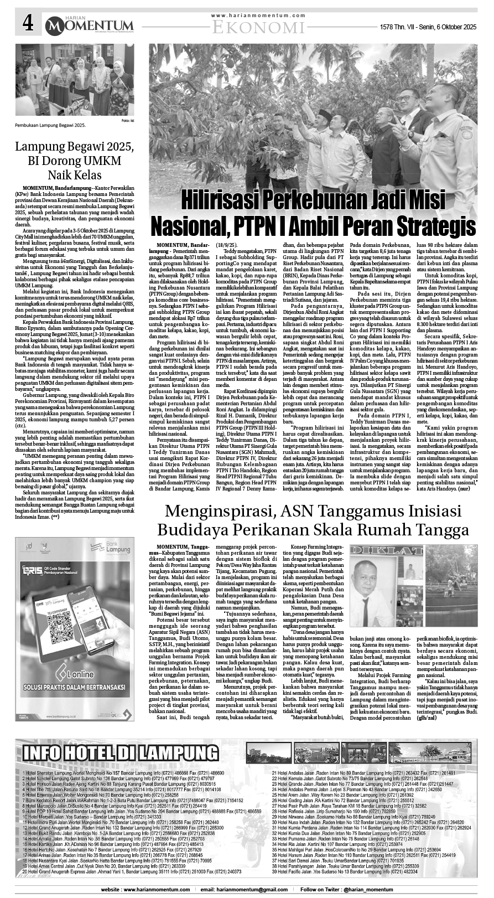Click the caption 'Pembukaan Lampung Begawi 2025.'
(x=51, y=126)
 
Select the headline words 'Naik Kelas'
(x=75, y=176)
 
